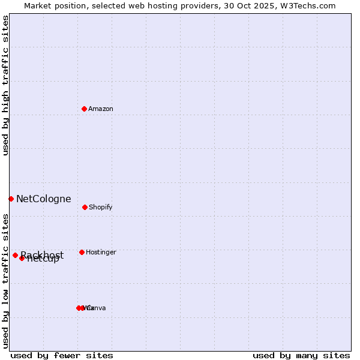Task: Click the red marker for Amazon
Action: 85,109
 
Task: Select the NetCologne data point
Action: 11,199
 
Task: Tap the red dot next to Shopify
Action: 85,207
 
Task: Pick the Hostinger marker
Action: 82,252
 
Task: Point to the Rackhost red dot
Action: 15,255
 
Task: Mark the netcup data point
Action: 22,258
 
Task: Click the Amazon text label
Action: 101,109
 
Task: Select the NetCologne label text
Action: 43,199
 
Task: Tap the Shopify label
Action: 101,208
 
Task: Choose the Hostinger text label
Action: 101,253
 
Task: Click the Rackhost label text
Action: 42,255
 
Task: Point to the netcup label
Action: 43,260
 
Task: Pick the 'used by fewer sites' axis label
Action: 62,355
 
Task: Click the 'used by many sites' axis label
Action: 301,355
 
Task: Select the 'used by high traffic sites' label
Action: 6,85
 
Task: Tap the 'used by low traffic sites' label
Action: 6,280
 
